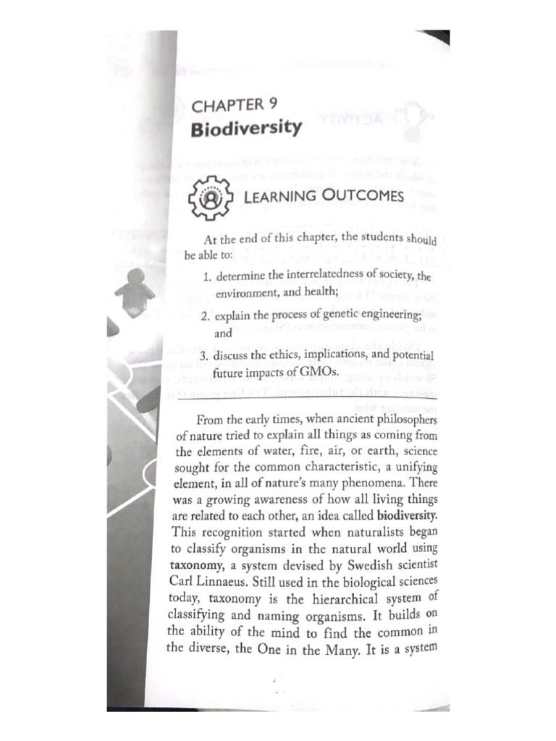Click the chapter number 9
(x=273, y=103)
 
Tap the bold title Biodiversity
(x=246, y=128)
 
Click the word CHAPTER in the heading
(x=227, y=105)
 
